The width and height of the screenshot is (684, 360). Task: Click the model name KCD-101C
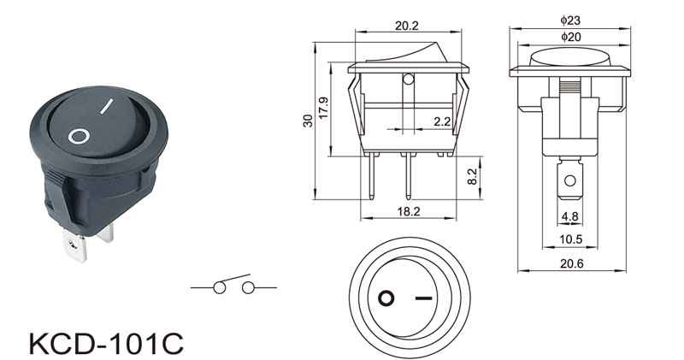coord(106,344)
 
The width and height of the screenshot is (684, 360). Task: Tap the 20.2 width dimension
coord(407,26)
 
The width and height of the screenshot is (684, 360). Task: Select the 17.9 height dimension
coord(324,108)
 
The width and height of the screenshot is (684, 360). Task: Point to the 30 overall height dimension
coord(308,121)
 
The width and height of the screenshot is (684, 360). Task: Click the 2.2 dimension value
coord(442,121)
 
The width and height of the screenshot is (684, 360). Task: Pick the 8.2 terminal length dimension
coord(473,177)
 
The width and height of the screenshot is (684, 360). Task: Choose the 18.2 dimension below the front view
coord(409,211)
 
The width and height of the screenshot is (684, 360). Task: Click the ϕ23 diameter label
coord(570,20)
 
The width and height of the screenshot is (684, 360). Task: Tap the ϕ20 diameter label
coord(570,37)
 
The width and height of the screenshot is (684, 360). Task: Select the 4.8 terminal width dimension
coord(569,216)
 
